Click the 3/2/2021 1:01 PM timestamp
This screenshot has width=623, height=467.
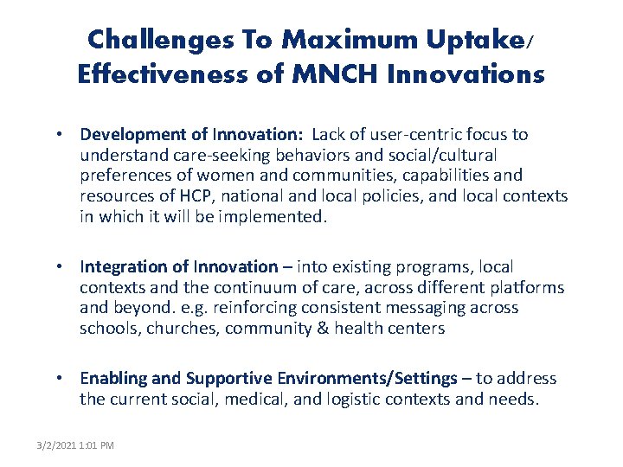(75, 445)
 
